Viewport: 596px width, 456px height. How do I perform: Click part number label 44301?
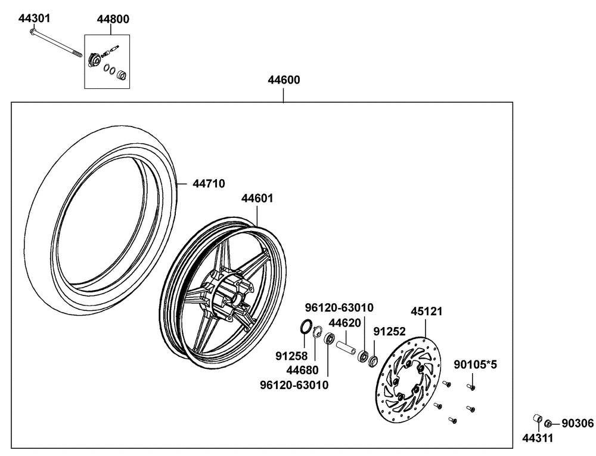pyautogui.click(x=34, y=18)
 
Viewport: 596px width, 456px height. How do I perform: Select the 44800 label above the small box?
pyautogui.click(x=113, y=19)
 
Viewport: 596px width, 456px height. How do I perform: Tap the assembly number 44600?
pyautogui.click(x=283, y=80)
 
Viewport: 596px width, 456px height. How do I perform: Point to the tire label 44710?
pyautogui.click(x=208, y=184)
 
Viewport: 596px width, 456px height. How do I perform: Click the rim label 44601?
pyautogui.click(x=257, y=199)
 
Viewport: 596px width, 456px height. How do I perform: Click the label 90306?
pyautogui.click(x=578, y=423)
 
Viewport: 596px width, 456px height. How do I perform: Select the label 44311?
pyautogui.click(x=538, y=439)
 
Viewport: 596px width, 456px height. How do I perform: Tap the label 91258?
pyautogui.click(x=291, y=356)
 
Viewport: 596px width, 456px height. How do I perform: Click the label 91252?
pyautogui.click(x=389, y=331)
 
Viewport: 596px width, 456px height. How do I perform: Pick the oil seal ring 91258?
pyautogui.click(x=305, y=326)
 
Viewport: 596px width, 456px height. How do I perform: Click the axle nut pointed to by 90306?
pyautogui.click(x=549, y=423)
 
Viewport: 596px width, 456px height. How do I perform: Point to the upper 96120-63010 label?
pyautogui.click(x=339, y=308)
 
